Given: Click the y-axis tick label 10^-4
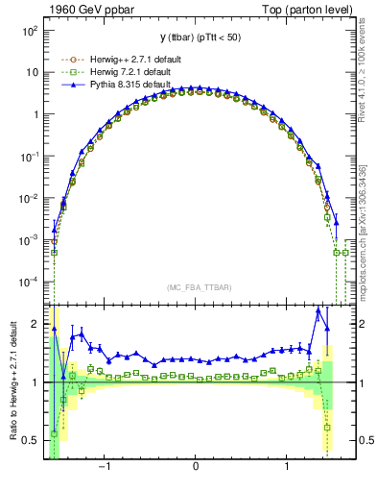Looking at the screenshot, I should (x=28, y=282).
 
